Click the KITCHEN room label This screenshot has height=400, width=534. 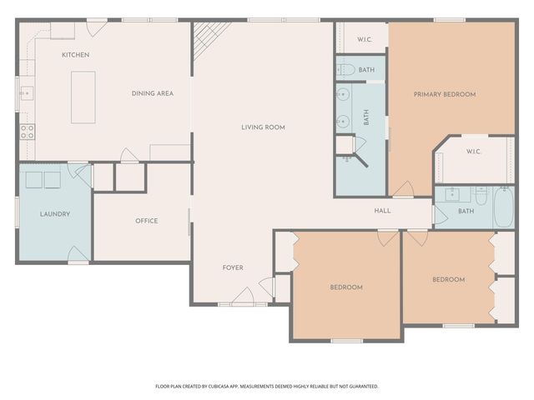(x=75, y=55)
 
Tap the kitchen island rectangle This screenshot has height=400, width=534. (x=83, y=97)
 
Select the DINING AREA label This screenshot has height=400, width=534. (x=153, y=93)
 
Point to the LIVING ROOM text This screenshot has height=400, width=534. (x=263, y=127)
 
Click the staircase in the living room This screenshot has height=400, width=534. (x=210, y=38)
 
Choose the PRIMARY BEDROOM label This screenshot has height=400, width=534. (x=445, y=94)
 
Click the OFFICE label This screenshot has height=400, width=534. (x=147, y=221)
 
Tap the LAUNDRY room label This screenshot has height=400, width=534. (x=55, y=214)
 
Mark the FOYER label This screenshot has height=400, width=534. (x=233, y=267)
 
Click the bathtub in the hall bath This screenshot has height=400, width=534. (x=504, y=208)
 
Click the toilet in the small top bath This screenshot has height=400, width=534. (x=348, y=69)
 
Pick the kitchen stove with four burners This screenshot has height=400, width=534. (x=28, y=131)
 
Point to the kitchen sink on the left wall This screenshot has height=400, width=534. (x=27, y=93)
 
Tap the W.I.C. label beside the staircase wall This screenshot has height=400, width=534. (x=365, y=39)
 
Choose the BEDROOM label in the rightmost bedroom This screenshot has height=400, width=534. (x=448, y=279)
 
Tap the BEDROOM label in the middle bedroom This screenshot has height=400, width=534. (x=346, y=287)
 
